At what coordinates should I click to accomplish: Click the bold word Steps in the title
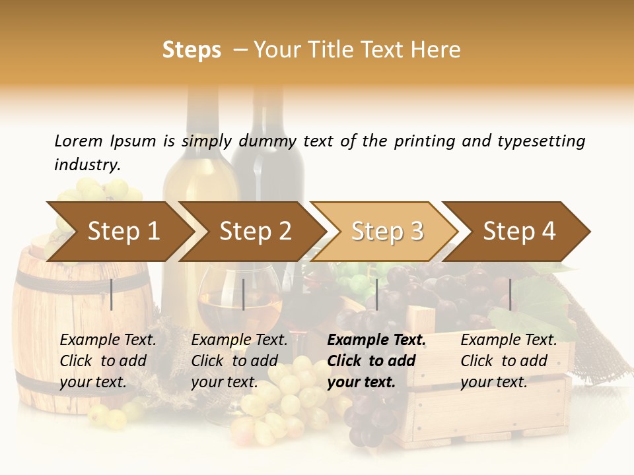click(x=192, y=50)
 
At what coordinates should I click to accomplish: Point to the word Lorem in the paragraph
click(x=79, y=141)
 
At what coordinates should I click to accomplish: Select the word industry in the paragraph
click(x=87, y=165)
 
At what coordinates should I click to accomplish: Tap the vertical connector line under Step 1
click(x=112, y=294)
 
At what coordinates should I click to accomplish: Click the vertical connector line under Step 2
click(x=244, y=294)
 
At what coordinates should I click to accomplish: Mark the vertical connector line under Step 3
click(x=377, y=294)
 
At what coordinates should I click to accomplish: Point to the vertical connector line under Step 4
click(x=510, y=294)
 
